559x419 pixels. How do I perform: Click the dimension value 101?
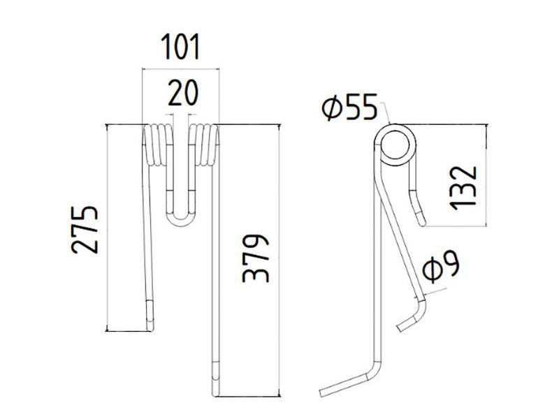(180, 47)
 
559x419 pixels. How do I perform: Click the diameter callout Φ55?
(349, 108)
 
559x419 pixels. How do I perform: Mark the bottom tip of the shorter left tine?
(150, 324)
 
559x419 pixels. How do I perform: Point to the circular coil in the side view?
(396, 145)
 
